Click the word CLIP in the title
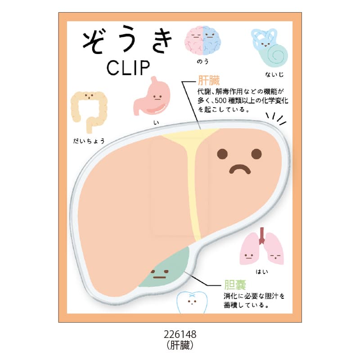tap(128, 68)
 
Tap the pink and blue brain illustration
tap(202, 40)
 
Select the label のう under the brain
tap(202, 62)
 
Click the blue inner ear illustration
tap(269, 46)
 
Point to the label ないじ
tap(274, 74)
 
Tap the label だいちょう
tap(89, 141)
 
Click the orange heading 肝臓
tap(209, 81)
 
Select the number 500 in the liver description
tap(220, 100)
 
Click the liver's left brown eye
tap(222, 153)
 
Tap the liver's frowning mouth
tap(240, 169)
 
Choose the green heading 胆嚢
tap(235, 285)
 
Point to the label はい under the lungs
tap(262, 272)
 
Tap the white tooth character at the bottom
tap(192, 302)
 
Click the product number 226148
tap(180, 334)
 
